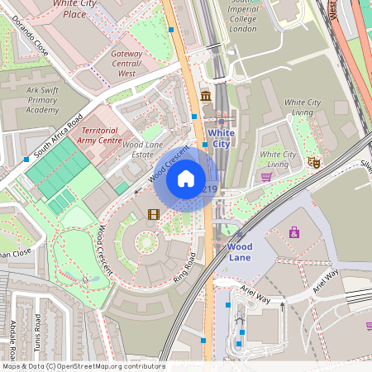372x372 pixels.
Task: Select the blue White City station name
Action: click(221, 137)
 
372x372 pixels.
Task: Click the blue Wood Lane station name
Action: click(240, 252)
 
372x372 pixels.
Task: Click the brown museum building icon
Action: click(204, 98)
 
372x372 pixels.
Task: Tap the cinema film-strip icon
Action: click(153, 214)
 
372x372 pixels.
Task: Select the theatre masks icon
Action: click(312, 162)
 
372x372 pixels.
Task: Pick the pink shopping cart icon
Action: click(266, 176)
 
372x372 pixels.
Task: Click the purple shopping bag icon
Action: click(294, 232)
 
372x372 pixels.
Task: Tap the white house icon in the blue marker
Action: click(186, 179)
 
